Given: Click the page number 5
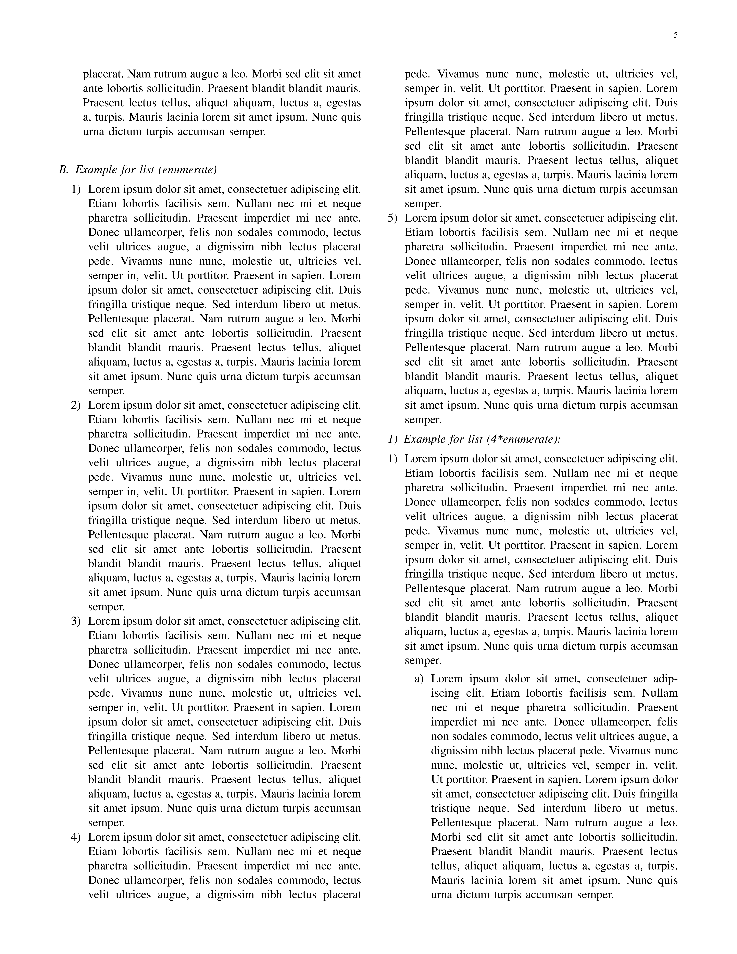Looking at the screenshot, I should [675, 35].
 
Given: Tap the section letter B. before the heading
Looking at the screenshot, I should [64, 170].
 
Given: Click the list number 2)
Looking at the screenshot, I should [76, 405].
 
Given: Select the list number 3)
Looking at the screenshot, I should [76, 621].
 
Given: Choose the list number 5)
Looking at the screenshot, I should [393, 218].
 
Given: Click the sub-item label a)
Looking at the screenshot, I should [419, 679].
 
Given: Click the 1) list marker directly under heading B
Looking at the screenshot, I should [76, 190].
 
